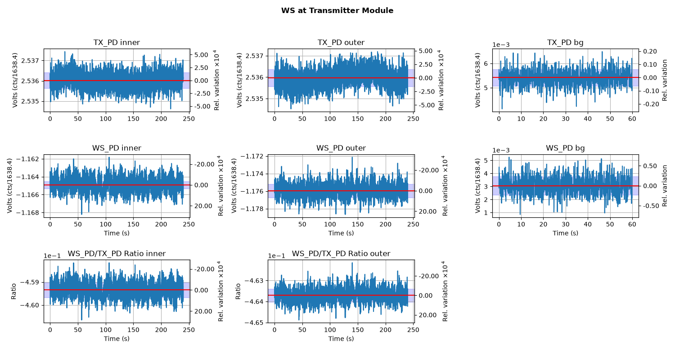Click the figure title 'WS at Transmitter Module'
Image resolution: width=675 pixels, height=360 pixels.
tap(337, 10)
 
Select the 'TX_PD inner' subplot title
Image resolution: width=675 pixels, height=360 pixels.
tap(117, 42)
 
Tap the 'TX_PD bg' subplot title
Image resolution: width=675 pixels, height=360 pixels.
tap(565, 43)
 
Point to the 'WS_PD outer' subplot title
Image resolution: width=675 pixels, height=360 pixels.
tap(341, 148)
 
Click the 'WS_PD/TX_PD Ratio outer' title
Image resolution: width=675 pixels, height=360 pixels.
tap(341, 254)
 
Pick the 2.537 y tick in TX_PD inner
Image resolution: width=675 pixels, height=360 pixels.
tap(31, 61)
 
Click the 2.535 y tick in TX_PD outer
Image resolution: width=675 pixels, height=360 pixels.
tap(255, 99)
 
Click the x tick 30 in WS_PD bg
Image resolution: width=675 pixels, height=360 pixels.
tap(566, 224)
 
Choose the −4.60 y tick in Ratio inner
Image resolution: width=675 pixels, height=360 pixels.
tap(30, 305)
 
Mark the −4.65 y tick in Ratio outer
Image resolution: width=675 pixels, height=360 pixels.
tap(254, 323)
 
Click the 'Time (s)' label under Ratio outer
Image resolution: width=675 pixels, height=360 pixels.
tap(341, 338)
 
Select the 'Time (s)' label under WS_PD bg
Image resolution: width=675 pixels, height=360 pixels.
tap(565, 233)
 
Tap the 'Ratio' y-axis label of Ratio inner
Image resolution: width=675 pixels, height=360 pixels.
tap(13, 291)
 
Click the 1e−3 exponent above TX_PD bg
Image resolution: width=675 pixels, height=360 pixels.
tap(501, 45)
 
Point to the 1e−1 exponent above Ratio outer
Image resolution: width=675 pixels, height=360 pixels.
tap(276, 256)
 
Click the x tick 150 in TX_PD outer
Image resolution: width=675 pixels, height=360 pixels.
tap(358, 119)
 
